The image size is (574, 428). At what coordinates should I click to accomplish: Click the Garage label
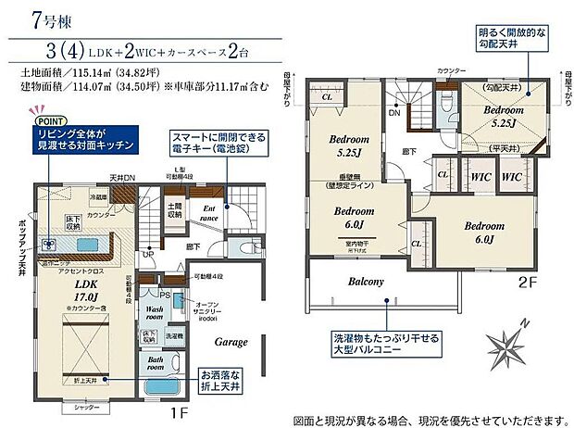(231, 342)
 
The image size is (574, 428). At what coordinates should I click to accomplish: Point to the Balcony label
(368, 282)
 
